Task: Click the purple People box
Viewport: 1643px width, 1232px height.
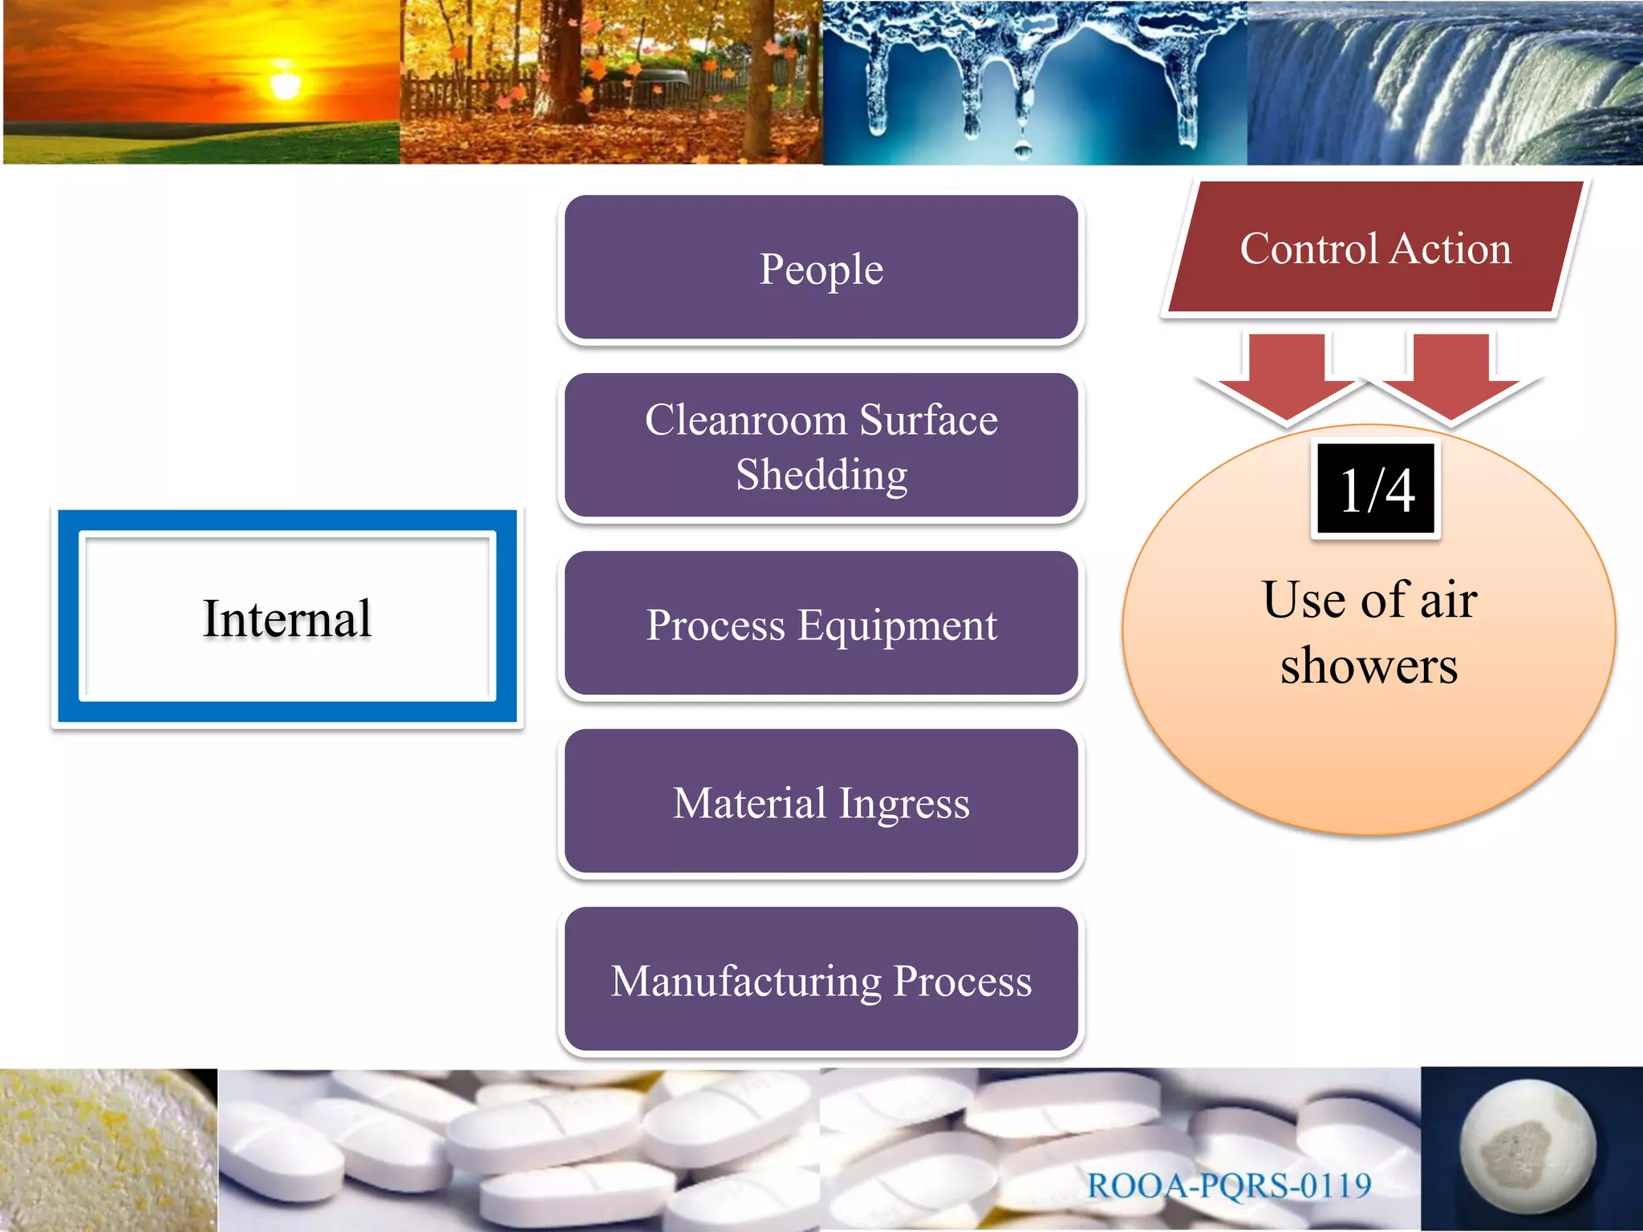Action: click(x=821, y=268)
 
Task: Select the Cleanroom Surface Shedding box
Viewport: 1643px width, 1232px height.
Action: click(x=821, y=446)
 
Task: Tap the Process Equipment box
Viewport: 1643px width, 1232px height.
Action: click(x=821, y=624)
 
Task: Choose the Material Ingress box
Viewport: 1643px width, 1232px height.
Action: click(x=821, y=802)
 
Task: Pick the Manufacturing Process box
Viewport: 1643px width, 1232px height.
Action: click(x=821, y=980)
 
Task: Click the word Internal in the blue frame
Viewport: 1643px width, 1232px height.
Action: click(x=287, y=618)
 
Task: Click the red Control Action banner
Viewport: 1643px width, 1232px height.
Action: click(x=1375, y=247)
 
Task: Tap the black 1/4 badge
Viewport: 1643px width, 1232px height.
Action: click(x=1377, y=489)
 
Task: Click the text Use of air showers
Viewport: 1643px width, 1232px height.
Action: click(x=1369, y=632)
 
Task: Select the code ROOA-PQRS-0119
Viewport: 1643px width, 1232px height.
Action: click(x=1229, y=1185)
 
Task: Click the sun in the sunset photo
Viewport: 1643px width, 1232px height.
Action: click(x=285, y=84)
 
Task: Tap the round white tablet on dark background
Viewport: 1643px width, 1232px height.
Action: click(x=1527, y=1147)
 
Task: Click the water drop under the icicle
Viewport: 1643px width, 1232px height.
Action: click(x=1023, y=148)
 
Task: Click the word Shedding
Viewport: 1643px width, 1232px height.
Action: click(x=821, y=474)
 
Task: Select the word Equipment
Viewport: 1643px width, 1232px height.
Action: click(x=897, y=625)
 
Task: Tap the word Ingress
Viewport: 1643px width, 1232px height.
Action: click(x=904, y=803)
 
